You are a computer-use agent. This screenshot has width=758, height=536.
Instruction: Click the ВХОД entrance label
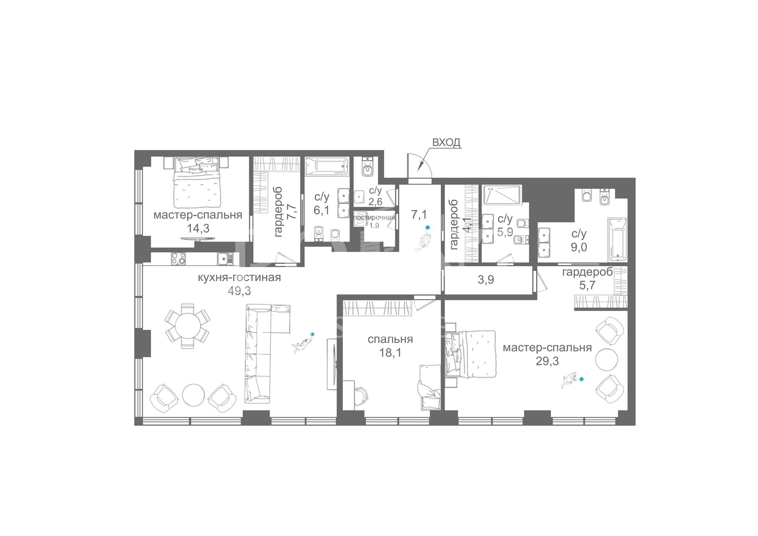point(446,142)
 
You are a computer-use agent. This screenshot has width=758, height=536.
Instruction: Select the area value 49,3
point(239,291)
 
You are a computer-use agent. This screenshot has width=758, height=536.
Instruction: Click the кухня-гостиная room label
point(239,277)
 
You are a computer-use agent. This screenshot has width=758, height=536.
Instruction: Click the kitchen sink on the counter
point(225,259)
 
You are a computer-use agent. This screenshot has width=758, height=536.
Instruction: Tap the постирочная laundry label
point(374,217)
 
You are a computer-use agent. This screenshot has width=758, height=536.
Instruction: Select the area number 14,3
point(198,229)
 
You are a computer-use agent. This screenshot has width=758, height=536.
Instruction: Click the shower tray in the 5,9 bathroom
point(501,195)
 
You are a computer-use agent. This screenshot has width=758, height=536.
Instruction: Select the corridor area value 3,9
point(486,280)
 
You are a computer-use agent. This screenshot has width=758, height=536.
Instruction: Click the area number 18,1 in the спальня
point(390,353)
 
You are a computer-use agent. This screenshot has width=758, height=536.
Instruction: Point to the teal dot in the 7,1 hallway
point(427,228)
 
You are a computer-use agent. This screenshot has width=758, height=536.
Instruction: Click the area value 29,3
point(547,361)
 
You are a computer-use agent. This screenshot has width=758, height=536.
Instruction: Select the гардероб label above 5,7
point(588,272)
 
